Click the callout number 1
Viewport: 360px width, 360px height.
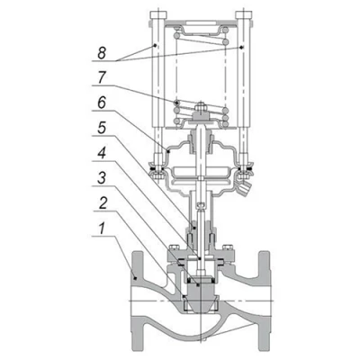coord(103,229)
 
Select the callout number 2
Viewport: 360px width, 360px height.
coord(103,203)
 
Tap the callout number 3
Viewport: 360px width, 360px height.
coord(102,178)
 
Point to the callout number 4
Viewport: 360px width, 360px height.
coord(102,154)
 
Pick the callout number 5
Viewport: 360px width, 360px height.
coord(102,129)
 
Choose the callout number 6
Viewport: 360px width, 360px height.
coord(102,103)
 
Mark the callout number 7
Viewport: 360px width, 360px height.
coord(102,78)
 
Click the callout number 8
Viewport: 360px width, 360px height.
coord(102,53)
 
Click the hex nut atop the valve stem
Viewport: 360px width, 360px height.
coord(200,107)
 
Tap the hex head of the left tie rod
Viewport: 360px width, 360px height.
coord(157,15)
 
